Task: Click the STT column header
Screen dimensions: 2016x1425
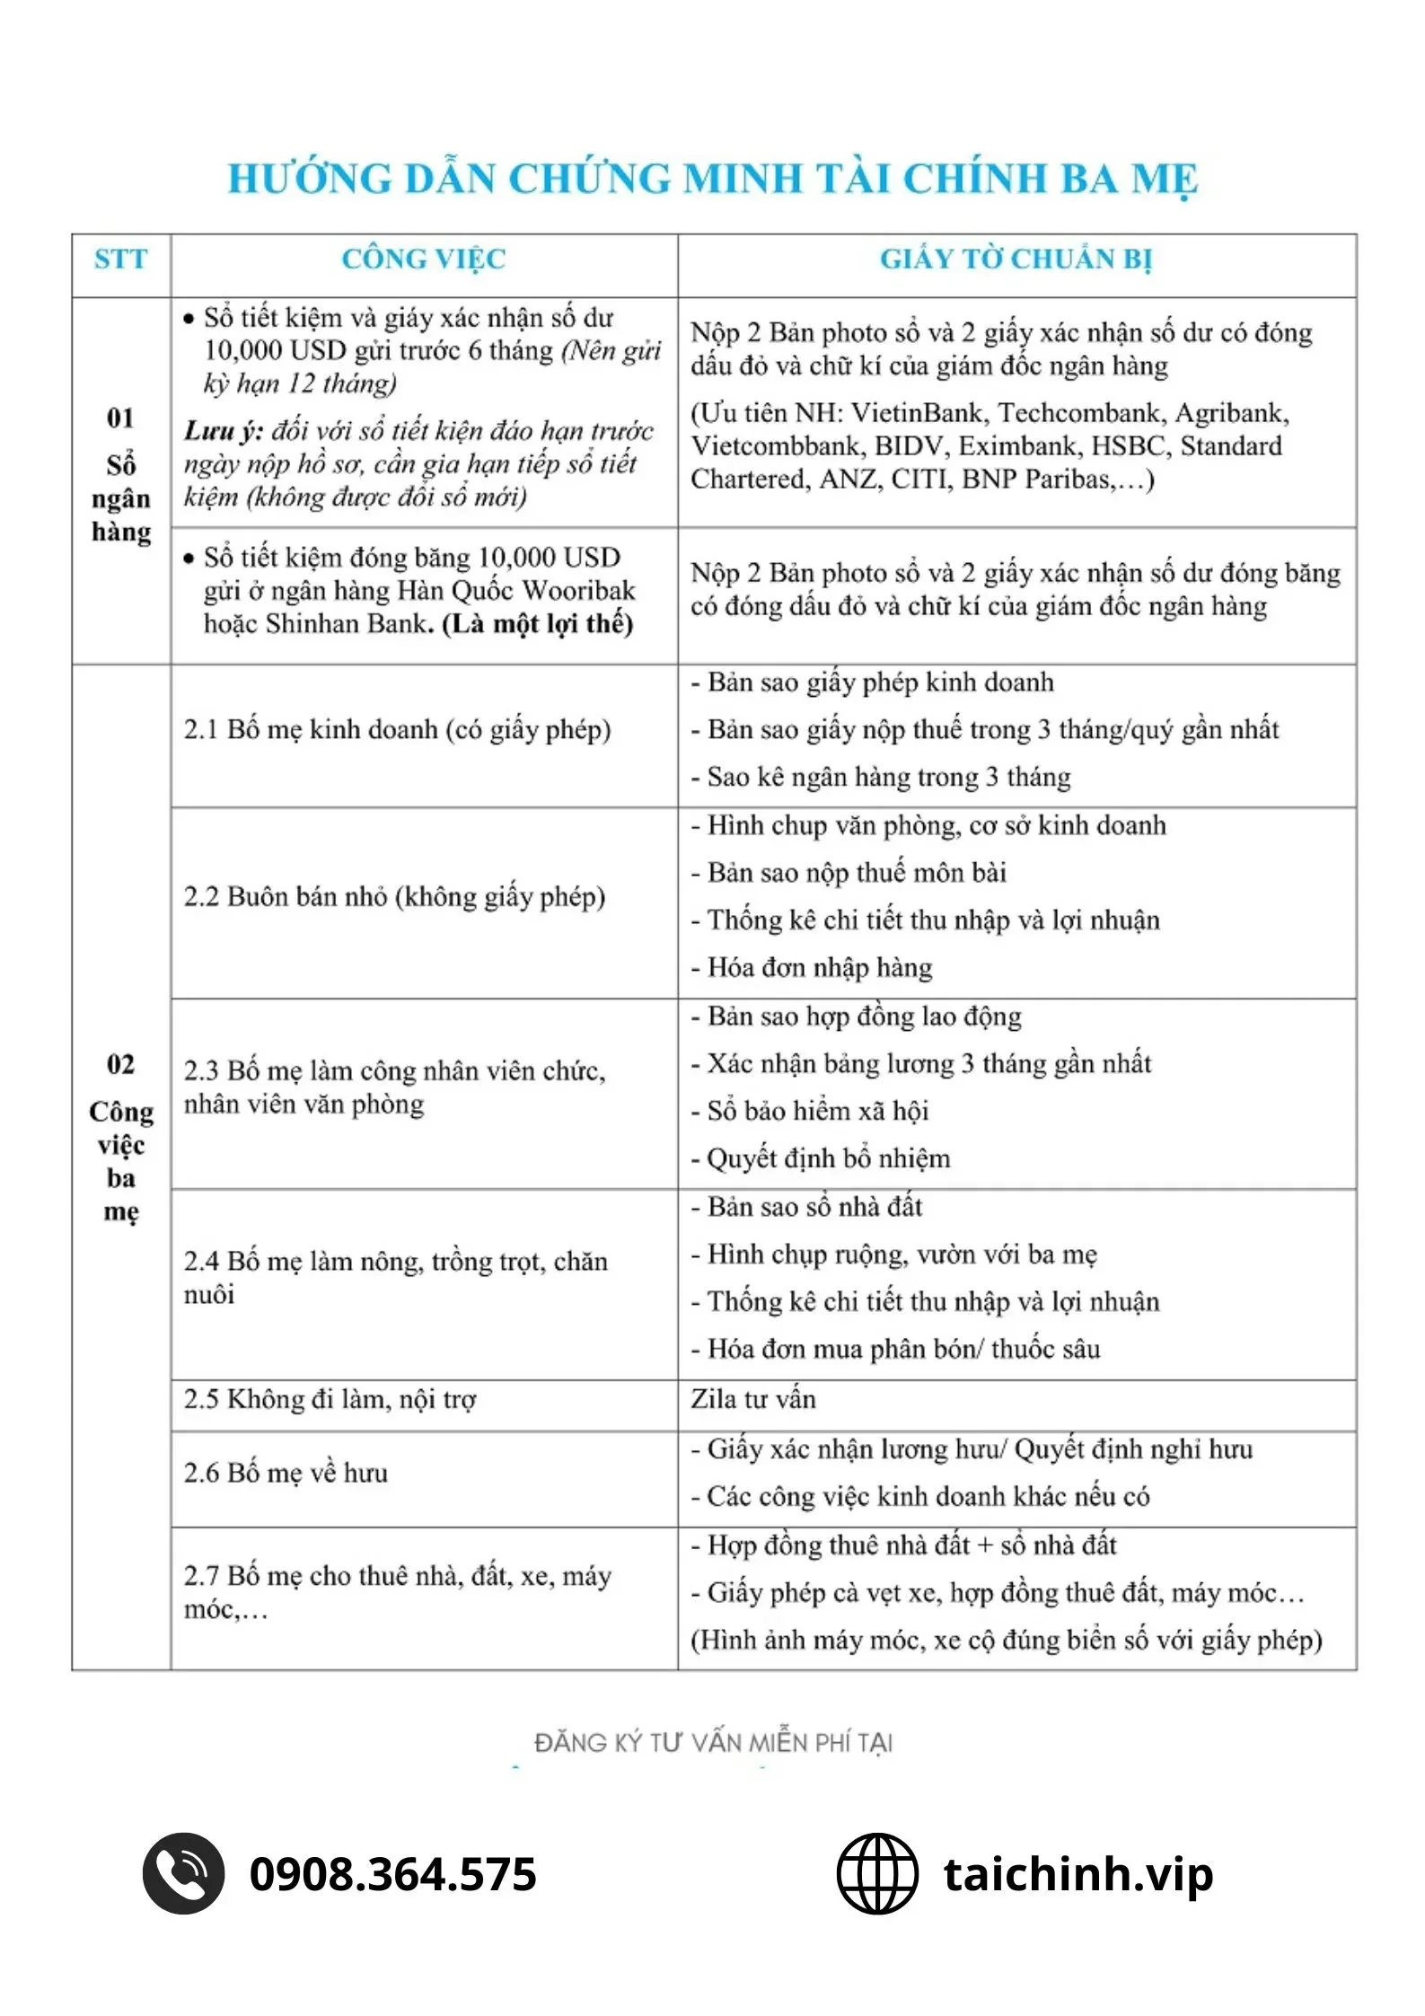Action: tap(120, 260)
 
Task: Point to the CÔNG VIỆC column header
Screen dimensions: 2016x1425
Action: tap(424, 260)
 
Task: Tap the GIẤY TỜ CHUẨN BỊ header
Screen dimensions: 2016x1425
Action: tap(1016, 260)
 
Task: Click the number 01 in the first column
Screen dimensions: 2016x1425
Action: tap(120, 418)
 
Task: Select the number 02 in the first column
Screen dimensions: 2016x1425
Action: tap(120, 1064)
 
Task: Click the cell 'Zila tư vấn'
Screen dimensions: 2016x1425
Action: tap(753, 1399)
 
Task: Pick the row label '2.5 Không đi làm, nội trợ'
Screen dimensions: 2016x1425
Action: tap(330, 1399)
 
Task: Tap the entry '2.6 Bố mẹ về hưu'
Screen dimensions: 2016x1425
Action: tap(286, 1473)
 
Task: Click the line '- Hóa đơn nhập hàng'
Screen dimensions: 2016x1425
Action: tap(812, 967)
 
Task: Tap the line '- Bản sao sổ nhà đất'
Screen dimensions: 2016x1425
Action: tap(806, 1206)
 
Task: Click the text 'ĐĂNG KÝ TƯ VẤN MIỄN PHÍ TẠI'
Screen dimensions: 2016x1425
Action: tap(713, 1743)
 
